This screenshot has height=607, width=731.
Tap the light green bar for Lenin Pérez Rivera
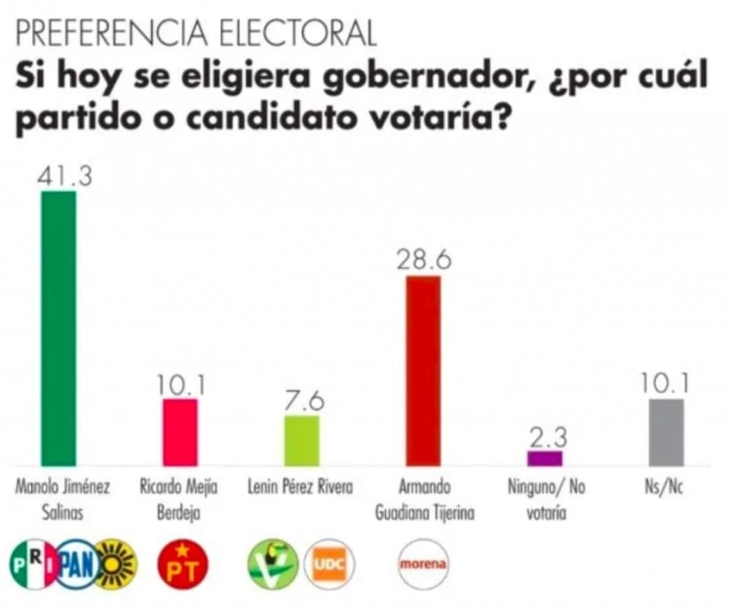pos(301,440)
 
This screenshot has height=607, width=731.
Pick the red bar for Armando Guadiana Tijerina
pos(423,370)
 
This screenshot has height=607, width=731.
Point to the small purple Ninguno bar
pos(544,457)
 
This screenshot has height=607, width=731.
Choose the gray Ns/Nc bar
pos(666,432)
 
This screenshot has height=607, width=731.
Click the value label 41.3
pos(58,175)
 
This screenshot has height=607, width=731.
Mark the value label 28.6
pos(423,260)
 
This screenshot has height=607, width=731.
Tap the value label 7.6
pos(301,400)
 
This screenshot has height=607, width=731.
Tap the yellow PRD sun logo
pos(117,562)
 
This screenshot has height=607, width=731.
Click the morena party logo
pos(422,562)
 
